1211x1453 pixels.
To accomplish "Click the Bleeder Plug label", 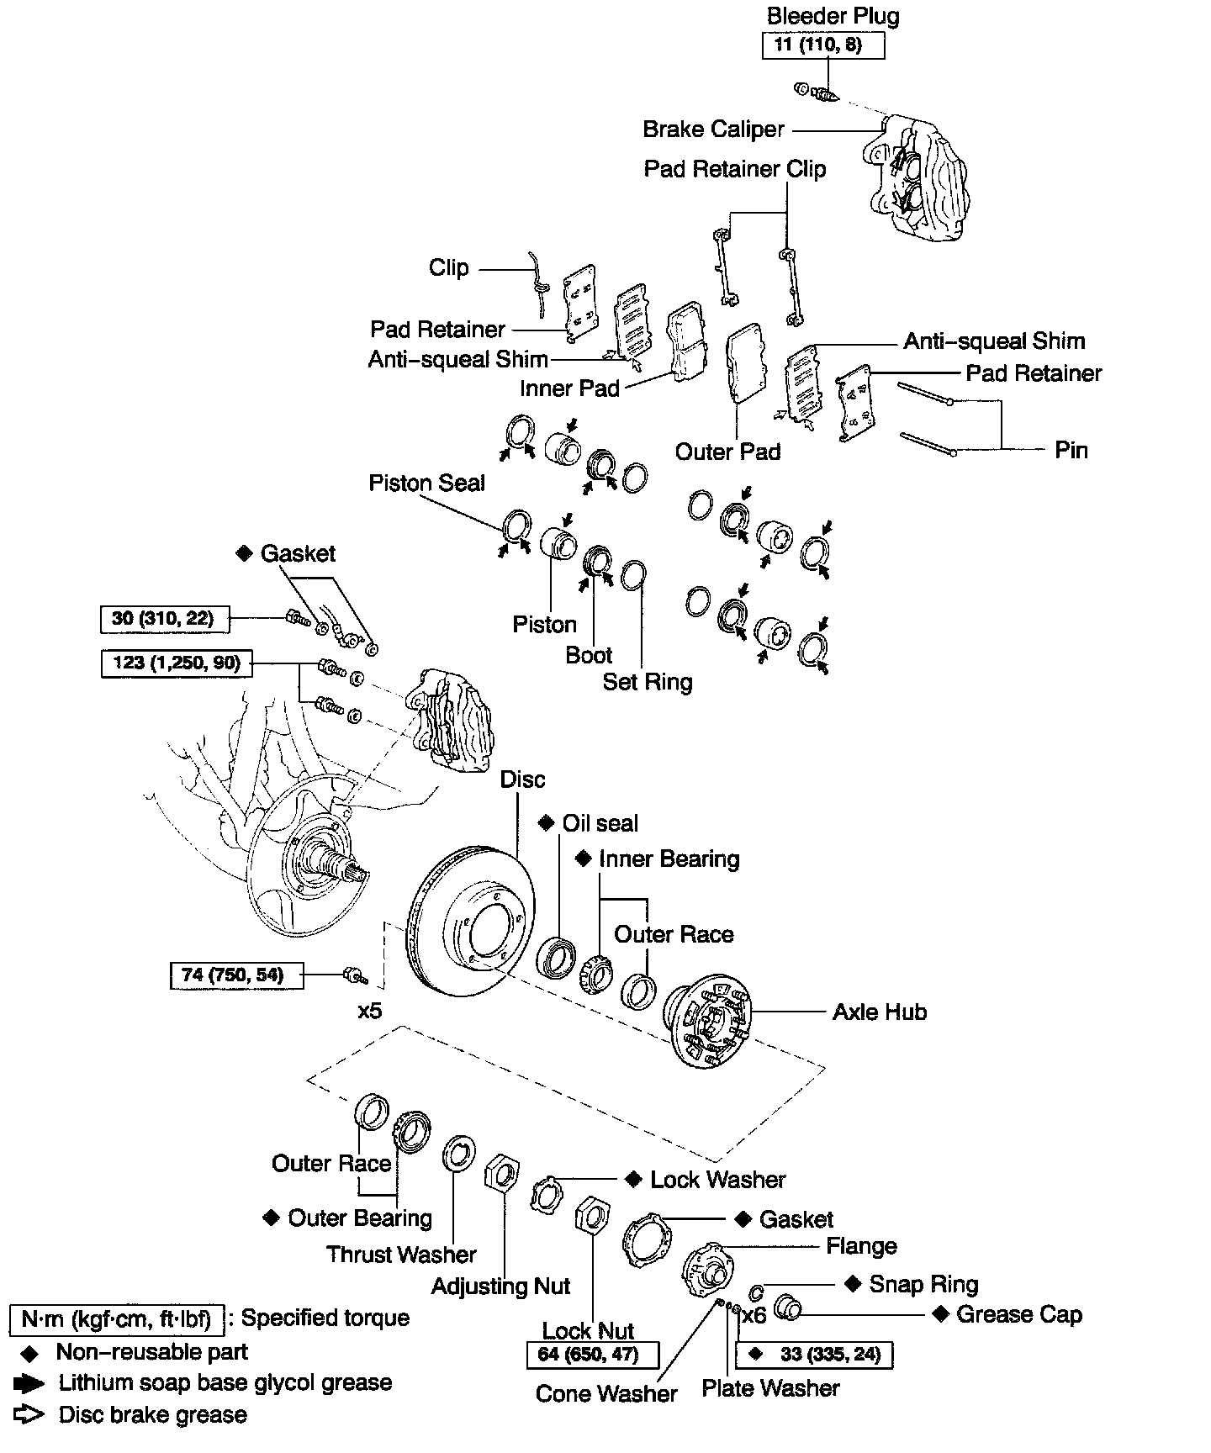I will point(833,16).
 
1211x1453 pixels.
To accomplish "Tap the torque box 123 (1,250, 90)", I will point(176,663).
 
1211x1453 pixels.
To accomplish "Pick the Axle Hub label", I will point(880,1012).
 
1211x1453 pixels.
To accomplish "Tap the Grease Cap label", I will point(1018,1314).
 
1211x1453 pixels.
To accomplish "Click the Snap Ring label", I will point(923,1284).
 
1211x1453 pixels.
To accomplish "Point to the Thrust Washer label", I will point(401,1255).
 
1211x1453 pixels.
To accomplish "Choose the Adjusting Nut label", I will point(500,1287).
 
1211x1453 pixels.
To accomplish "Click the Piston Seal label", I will point(426,483).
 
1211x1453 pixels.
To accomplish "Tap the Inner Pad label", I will point(569,388).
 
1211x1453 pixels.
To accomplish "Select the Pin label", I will point(1071,450).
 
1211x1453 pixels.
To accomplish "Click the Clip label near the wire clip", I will point(448,268).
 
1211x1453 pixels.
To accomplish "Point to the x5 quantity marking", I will point(369,1010).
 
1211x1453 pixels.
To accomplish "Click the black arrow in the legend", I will point(29,1383).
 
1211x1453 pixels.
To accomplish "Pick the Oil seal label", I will point(600,823).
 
